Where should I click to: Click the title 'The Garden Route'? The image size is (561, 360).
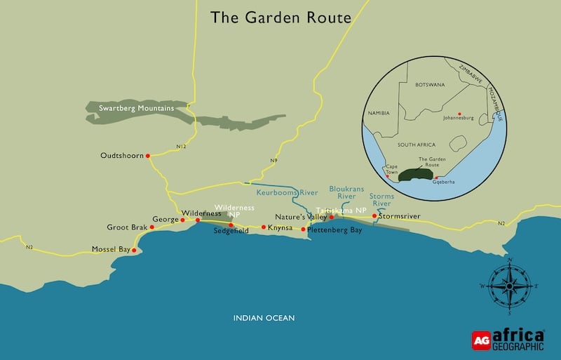coord(280,17)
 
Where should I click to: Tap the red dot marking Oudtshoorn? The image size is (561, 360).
coord(148,156)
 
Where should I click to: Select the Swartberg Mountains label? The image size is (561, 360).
coord(136,108)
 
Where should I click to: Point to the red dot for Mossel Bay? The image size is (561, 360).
coord(133,250)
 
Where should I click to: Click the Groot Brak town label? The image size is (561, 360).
coord(126,227)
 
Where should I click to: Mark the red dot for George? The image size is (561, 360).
coord(182,220)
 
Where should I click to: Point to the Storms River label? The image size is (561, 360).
coord(381,200)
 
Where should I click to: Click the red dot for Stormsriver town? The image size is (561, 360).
coord(374,216)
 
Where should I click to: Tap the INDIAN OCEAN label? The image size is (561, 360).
coord(264,318)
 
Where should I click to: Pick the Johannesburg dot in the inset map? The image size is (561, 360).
coord(459,114)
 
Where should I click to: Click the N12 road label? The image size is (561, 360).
coord(182,146)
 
